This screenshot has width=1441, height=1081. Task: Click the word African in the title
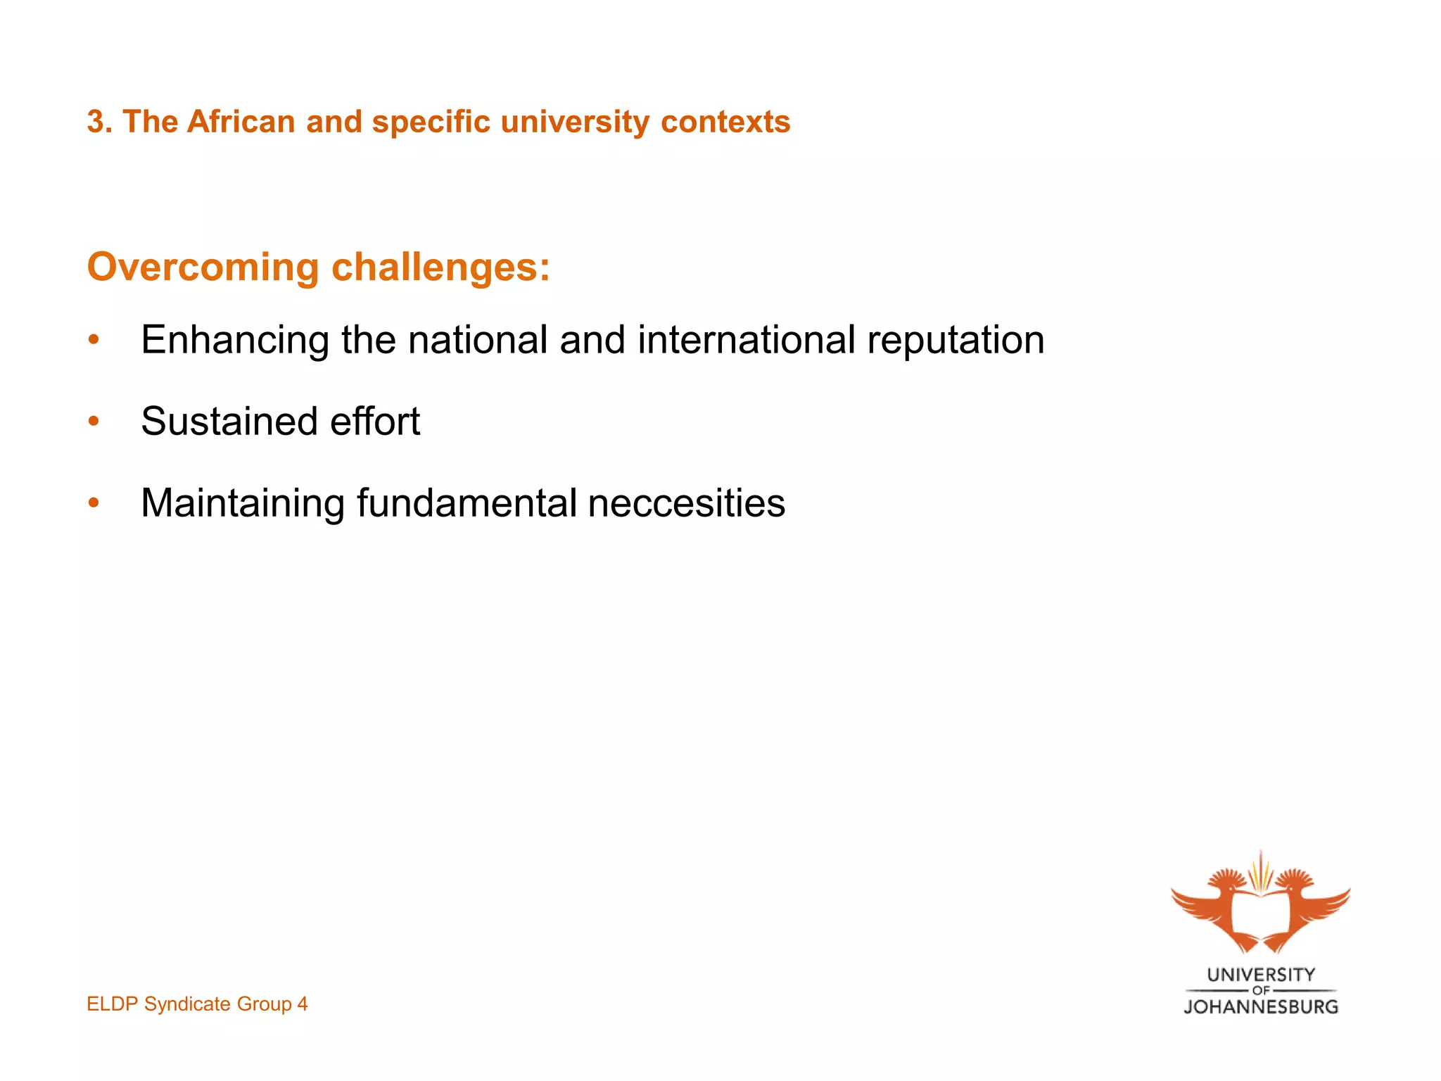[x=241, y=122]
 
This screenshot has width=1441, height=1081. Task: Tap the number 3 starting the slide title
[x=96, y=122]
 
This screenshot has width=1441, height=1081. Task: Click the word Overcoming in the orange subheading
[x=203, y=267]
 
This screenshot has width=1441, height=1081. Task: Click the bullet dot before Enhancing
[x=94, y=341]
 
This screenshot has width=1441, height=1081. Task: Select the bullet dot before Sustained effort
[x=94, y=422]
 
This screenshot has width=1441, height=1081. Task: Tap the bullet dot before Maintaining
[x=94, y=503]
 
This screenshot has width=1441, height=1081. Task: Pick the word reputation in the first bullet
[x=955, y=340]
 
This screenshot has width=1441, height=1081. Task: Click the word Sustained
[x=229, y=422]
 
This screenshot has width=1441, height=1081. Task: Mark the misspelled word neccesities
[x=686, y=503]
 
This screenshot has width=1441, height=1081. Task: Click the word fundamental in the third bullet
[x=466, y=503]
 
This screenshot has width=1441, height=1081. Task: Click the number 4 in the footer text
[x=302, y=1004]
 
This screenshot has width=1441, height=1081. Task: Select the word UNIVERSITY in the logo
[x=1260, y=975]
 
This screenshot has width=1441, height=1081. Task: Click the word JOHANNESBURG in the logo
[x=1260, y=1007]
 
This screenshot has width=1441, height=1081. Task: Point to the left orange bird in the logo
[x=1217, y=908]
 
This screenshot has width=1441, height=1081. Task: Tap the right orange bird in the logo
[x=1305, y=908]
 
